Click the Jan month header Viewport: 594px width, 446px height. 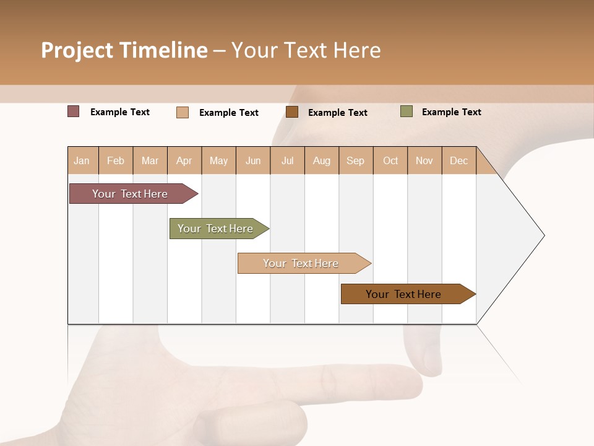tap(82, 160)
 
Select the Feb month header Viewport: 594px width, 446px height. tap(116, 160)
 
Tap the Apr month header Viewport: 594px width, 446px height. tap(184, 160)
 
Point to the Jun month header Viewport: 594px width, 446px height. tap(253, 160)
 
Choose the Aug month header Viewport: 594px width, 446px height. tap(322, 160)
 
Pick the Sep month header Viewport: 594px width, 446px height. tap(356, 160)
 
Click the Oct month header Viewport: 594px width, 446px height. tap(390, 160)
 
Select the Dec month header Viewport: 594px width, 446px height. tap(459, 160)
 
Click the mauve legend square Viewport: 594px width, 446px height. tap(73, 111)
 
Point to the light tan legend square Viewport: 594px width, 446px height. tap(182, 112)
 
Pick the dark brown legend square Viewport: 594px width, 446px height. tap(291, 111)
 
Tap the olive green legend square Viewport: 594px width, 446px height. tap(406, 111)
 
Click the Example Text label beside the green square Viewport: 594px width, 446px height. tap(451, 112)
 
